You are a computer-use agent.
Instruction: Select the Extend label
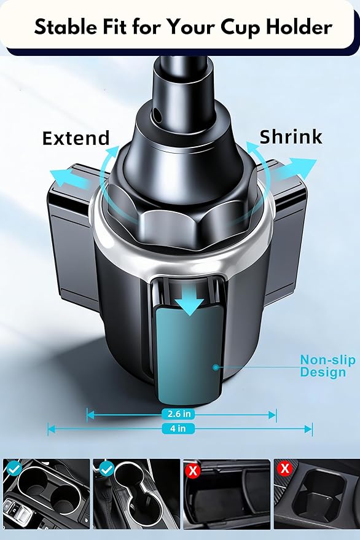click(76, 138)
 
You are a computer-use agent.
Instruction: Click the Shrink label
click(291, 137)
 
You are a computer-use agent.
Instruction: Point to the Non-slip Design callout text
click(327, 366)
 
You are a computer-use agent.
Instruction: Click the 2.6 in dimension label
click(178, 413)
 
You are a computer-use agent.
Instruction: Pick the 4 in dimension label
click(178, 428)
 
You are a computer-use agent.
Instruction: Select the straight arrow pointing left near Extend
click(71, 179)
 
